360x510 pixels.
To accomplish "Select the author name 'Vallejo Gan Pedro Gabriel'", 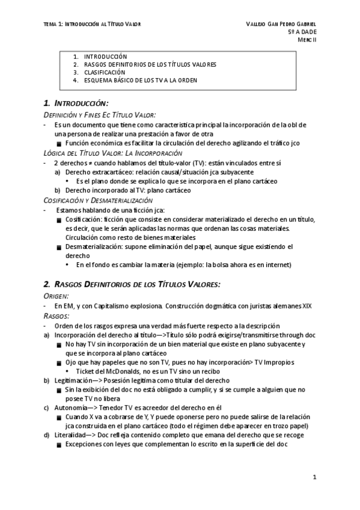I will click(x=281, y=23).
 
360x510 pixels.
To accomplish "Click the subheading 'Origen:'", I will click(x=56, y=296).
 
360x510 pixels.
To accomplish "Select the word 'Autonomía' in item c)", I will click(x=72, y=407).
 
